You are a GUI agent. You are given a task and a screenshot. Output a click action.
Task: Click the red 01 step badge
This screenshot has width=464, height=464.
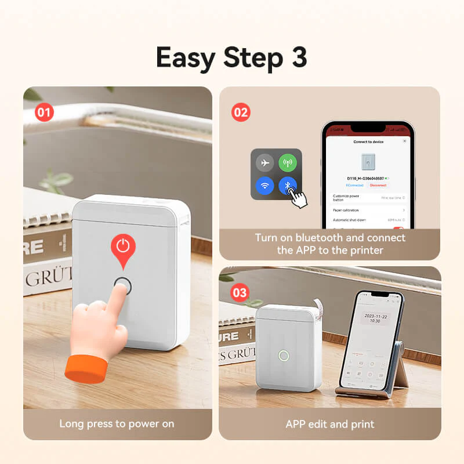44,112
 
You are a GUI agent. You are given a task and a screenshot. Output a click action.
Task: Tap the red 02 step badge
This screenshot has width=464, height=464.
241,112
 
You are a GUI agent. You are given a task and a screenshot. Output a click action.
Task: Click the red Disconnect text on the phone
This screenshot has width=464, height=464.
378,186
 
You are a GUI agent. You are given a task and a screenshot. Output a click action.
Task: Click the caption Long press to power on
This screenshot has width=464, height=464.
117,424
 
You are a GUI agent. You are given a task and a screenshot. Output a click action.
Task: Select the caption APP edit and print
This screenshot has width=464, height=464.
329,424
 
